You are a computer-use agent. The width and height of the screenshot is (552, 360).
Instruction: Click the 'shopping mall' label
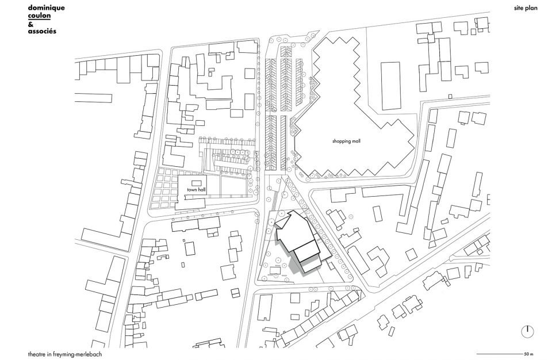346,141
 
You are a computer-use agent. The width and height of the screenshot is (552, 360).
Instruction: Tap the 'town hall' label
196,190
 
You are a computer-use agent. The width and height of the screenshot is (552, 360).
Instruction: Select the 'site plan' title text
526,8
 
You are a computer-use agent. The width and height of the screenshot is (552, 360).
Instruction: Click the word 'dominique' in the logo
46,8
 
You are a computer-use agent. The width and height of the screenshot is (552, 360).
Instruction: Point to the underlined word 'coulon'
39,16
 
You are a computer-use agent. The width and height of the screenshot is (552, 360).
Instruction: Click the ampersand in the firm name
30,24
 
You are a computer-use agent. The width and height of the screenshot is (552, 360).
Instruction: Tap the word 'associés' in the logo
42,31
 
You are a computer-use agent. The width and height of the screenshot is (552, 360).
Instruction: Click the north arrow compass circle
527,331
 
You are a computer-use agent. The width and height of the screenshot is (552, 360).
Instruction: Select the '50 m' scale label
529,354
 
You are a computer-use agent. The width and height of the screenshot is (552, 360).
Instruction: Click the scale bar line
500,354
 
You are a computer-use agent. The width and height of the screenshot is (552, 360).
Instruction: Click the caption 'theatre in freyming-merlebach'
65,354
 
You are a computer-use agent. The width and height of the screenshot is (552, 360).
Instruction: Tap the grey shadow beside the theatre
295,265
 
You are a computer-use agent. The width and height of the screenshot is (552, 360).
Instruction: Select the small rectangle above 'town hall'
196,183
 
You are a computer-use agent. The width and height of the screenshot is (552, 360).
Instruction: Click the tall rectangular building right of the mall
390,86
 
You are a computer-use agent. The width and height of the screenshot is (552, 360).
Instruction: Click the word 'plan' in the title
531,9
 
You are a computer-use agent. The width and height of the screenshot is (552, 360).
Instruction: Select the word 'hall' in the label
202,190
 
